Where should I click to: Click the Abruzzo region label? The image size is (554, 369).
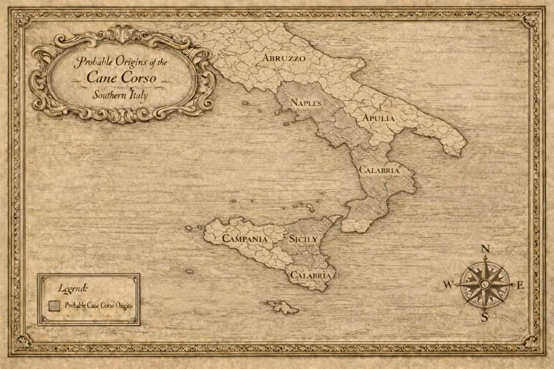pyautogui.click(x=284, y=58)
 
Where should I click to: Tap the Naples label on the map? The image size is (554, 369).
pyautogui.click(x=306, y=103)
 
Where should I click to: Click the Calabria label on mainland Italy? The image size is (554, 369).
pyautogui.click(x=378, y=170)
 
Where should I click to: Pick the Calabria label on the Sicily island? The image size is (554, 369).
pyautogui.click(x=311, y=275)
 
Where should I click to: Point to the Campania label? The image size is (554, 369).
pyautogui.click(x=245, y=239)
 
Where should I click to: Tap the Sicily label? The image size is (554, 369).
pyautogui.click(x=303, y=239)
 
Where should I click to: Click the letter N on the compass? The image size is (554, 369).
pyautogui.click(x=486, y=249)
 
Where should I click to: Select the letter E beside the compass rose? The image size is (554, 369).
pyautogui.click(x=519, y=285)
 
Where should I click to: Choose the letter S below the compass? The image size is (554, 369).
pyautogui.click(x=484, y=318)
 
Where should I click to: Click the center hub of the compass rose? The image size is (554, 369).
pyautogui.click(x=484, y=283)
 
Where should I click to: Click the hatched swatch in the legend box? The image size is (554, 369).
pyautogui.click(x=55, y=306)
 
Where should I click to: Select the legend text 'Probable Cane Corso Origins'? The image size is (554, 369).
pyautogui.click(x=99, y=306)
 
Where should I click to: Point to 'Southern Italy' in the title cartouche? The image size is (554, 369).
pyautogui.click(x=120, y=95)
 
